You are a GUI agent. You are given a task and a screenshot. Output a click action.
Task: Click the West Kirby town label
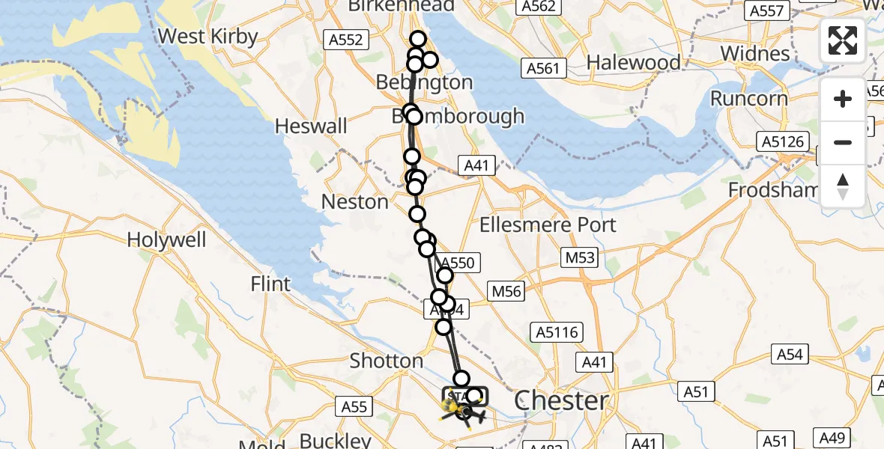(208, 36)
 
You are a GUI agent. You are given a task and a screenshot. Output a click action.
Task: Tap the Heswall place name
(311, 125)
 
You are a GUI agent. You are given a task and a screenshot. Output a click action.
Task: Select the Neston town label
(354, 201)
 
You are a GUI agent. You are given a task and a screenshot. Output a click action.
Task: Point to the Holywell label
(166, 239)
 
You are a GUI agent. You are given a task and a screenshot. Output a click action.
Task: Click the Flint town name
(270, 284)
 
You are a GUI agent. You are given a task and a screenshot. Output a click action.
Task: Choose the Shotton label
(387, 361)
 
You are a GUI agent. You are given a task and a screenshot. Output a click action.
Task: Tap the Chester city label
(561, 400)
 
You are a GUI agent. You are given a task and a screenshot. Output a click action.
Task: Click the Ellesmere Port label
(548, 224)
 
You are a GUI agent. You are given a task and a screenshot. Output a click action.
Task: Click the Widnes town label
(754, 54)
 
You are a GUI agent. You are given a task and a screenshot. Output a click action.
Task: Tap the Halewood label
(634, 62)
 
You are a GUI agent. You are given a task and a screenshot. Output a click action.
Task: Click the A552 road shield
(346, 40)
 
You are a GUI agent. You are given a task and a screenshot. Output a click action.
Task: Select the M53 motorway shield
(580, 258)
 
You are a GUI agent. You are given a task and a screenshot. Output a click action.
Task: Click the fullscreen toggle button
(843, 40)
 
